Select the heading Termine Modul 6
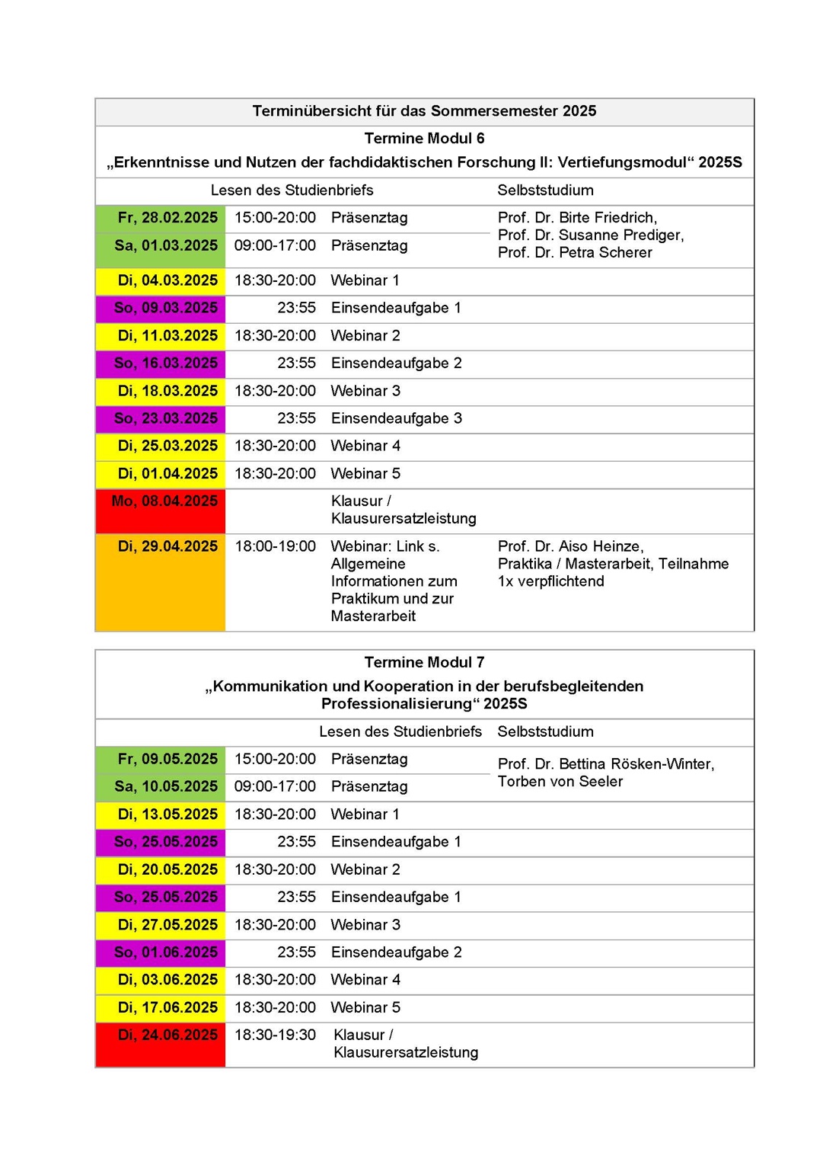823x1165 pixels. pyautogui.click(x=424, y=139)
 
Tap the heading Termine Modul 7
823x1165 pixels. pyautogui.click(x=424, y=663)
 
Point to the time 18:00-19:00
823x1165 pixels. pyautogui.click(x=275, y=546)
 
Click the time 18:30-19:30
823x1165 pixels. pyautogui.click(x=275, y=1035)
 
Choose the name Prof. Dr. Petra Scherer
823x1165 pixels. pyautogui.click(x=575, y=253)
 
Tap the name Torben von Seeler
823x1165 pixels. pyautogui.click(x=560, y=782)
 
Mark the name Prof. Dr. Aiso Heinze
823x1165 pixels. pyautogui.click(x=570, y=546)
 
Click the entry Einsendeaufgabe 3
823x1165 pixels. pyautogui.click(x=396, y=418)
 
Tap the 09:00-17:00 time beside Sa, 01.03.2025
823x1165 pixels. pyautogui.click(x=275, y=245)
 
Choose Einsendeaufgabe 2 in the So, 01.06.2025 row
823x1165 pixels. pyautogui.click(x=396, y=952)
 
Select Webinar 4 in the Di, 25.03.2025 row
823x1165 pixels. pyautogui.click(x=365, y=446)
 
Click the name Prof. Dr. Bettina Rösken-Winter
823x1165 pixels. pyautogui.click(x=606, y=764)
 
